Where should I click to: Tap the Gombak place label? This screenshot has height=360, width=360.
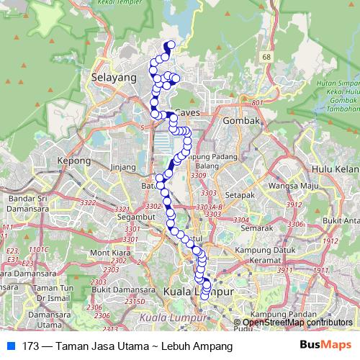[242, 121]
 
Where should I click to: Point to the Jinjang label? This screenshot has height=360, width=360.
[123, 168]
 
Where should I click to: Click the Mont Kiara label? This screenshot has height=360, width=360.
[109, 253]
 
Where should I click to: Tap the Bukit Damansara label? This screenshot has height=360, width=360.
[117, 289]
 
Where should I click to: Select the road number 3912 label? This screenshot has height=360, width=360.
[293, 204]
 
